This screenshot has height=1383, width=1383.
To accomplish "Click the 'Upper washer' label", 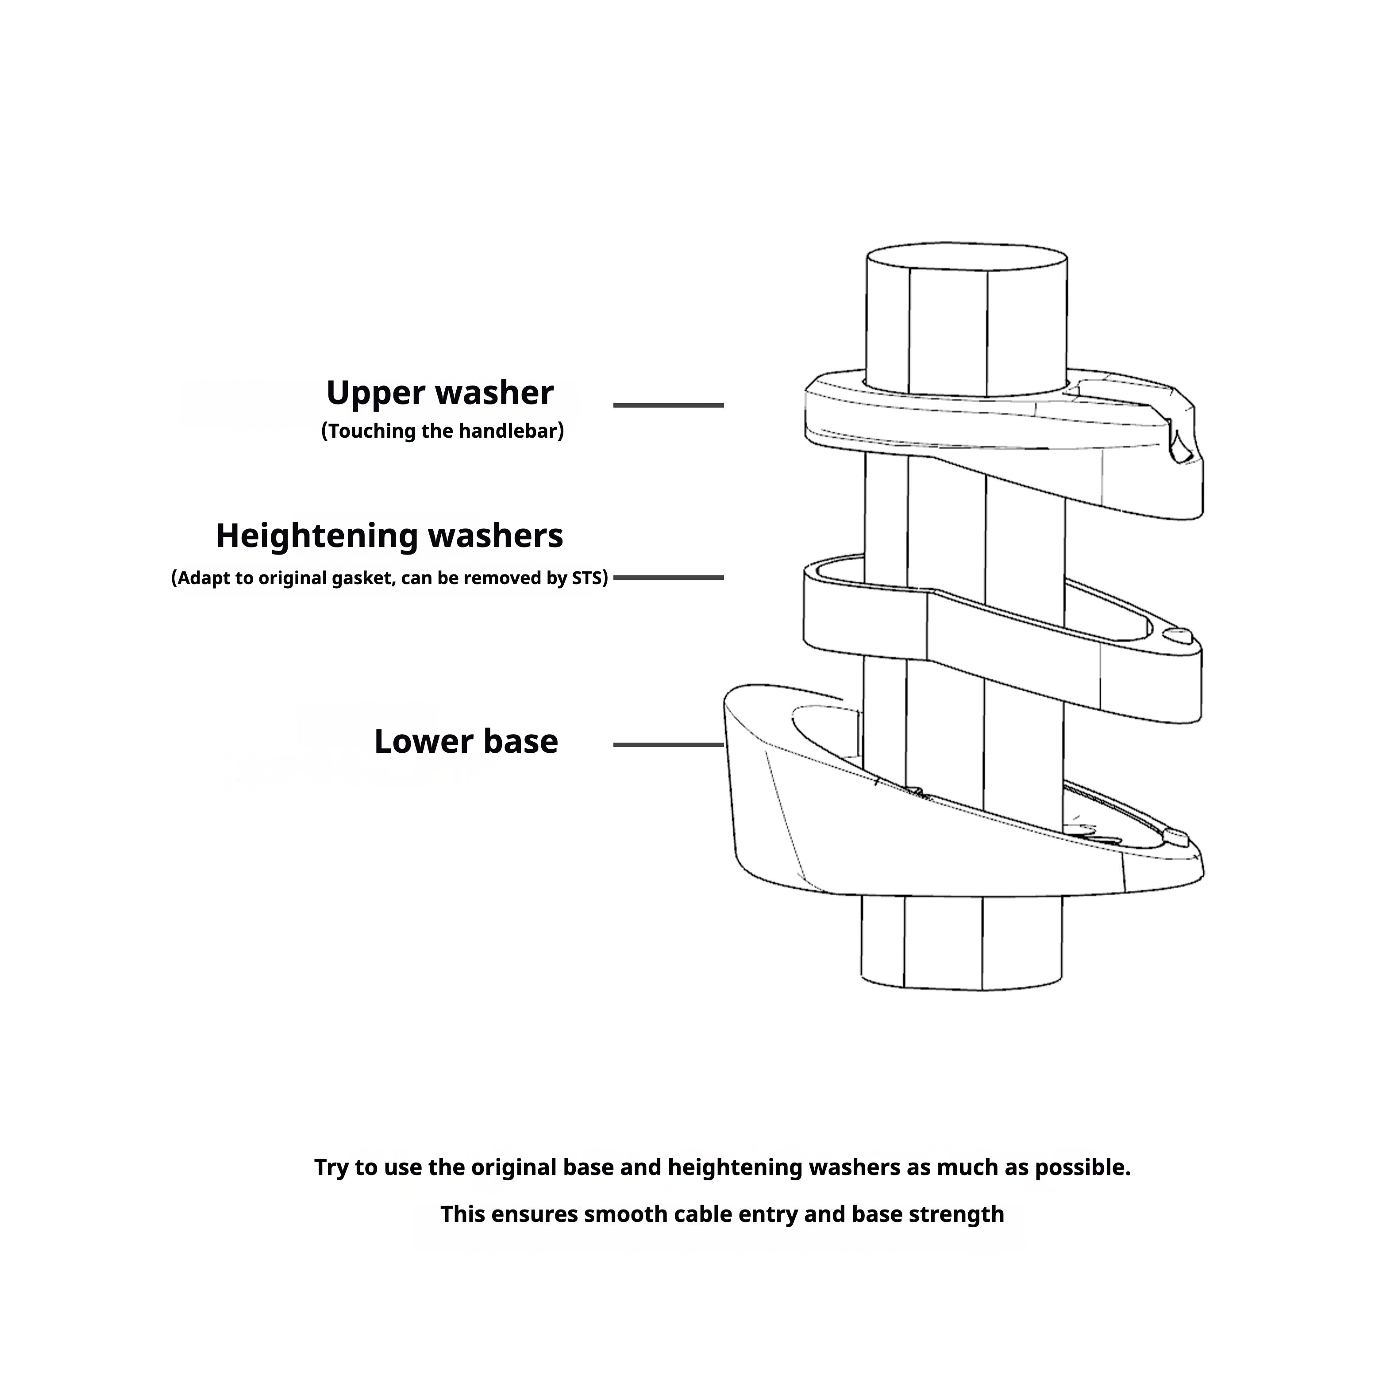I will point(439,393).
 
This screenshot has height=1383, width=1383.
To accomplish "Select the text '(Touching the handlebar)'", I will point(443,431).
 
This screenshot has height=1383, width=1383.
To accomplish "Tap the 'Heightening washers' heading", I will point(389,535).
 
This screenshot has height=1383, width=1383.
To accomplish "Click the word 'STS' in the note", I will point(586,578).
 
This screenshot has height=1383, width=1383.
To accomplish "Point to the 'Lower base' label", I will point(465,742).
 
